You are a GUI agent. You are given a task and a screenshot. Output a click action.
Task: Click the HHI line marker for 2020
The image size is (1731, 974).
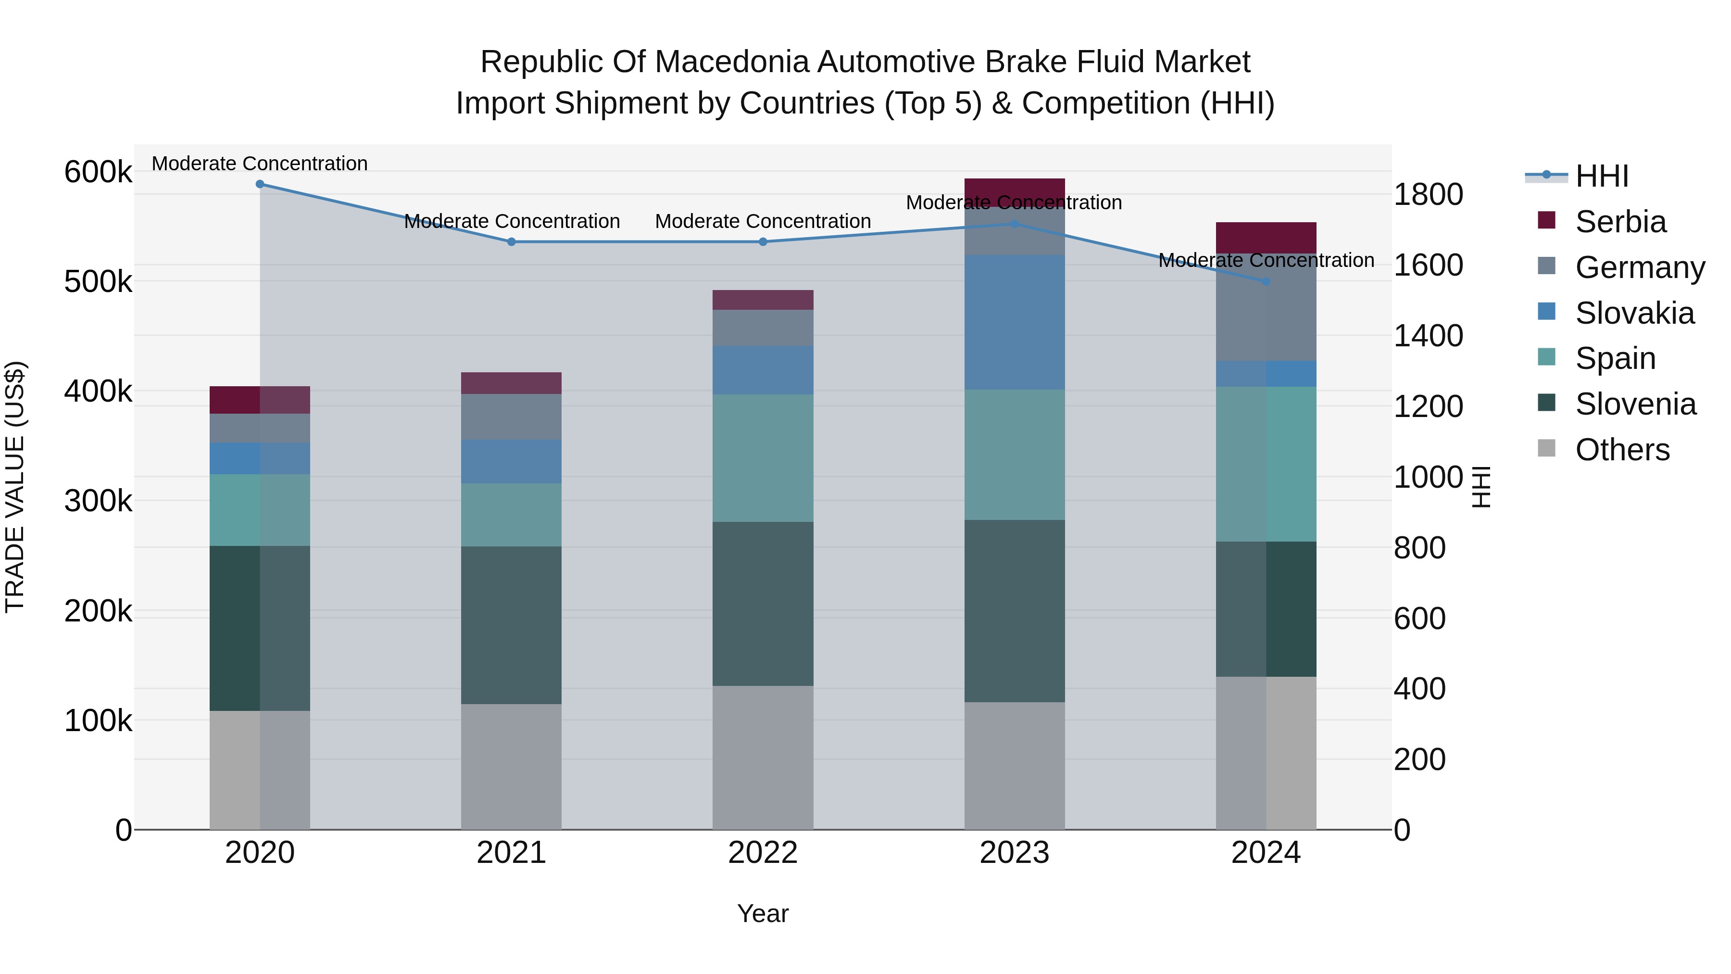coord(260,184)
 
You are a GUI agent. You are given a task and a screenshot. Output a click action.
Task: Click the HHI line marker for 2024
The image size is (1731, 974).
coord(1266,281)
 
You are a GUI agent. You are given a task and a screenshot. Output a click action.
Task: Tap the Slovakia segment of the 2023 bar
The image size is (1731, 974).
coord(1015,322)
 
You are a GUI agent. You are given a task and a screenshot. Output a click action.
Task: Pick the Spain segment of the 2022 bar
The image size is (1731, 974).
coord(763,458)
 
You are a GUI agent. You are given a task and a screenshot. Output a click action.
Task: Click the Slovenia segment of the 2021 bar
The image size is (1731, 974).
coord(512,625)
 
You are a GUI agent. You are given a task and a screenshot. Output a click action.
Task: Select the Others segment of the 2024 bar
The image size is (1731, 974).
coord(1266,753)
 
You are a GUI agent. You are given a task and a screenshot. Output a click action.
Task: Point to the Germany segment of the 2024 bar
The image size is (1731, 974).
coord(1266,307)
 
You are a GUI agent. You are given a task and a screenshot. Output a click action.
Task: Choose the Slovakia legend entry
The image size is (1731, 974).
coord(1634,313)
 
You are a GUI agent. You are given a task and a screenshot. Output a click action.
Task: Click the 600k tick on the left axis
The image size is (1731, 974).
coord(98,172)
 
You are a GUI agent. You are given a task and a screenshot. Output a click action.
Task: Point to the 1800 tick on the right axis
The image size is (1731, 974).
coord(1428,194)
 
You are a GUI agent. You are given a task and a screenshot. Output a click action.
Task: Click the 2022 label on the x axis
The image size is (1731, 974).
coord(763,853)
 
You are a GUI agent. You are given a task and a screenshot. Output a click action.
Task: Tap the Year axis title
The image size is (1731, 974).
coord(763,913)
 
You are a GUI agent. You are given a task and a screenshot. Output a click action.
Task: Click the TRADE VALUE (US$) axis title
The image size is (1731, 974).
coord(15,487)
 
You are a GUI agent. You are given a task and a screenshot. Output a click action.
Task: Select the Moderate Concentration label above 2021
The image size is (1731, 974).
coord(512,221)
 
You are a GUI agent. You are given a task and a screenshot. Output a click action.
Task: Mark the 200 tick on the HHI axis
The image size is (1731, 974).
coord(1419,759)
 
